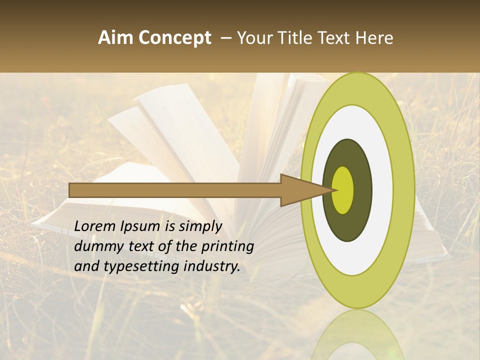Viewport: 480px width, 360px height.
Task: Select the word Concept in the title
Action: pyautogui.click(x=174, y=38)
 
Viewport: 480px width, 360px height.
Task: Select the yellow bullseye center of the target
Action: pyautogui.click(x=343, y=190)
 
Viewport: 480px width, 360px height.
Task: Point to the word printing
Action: pyautogui.click(x=227, y=246)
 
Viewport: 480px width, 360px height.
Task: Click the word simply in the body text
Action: pyautogui.click(x=199, y=226)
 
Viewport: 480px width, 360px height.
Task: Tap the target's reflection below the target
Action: pyautogui.click(x=358, y=335)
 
